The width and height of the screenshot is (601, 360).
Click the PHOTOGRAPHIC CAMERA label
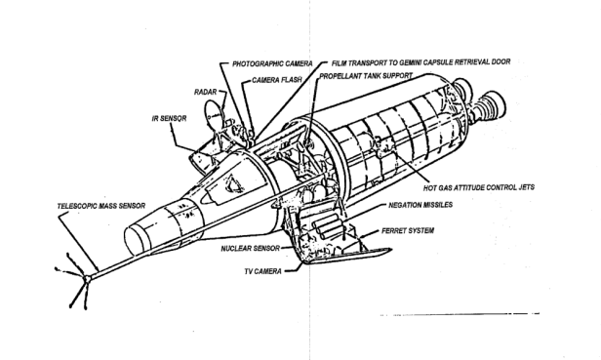(272, 63)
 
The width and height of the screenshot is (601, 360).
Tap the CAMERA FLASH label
(277, 80)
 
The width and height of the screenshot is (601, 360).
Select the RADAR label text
(206, 92)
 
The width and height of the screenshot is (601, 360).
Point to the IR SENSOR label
(169, 118)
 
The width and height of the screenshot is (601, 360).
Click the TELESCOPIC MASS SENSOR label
(101, 206)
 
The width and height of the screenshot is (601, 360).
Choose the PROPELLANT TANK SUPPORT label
(366, 76)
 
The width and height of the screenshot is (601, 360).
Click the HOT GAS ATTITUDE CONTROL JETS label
(479, 187)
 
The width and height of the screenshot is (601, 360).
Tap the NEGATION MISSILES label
(421, 205)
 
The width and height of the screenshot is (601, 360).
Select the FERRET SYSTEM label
(408, 230)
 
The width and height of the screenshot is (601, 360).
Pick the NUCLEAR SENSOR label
(251, 249)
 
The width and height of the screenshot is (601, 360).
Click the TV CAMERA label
(263, 271)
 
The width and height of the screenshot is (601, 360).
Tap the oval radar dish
(214, 114)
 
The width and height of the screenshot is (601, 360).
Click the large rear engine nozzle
(491, 105)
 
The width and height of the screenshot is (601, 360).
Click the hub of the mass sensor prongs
(88, 278)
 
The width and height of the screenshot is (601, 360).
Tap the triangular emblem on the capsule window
(235, 183)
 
